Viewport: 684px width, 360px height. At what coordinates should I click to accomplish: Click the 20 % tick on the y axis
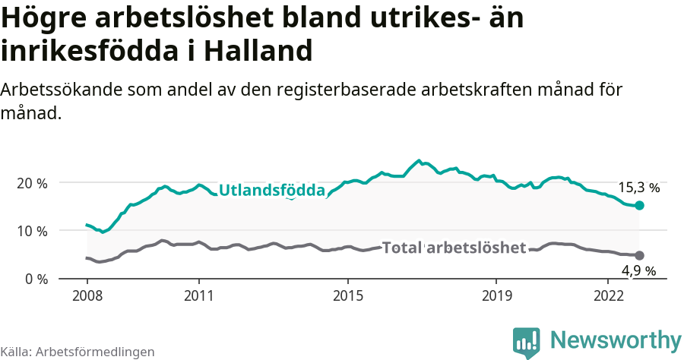(31, 183)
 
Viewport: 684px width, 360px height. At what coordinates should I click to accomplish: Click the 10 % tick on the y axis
(31, 230)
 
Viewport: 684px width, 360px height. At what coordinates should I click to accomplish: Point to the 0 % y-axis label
(35, 279)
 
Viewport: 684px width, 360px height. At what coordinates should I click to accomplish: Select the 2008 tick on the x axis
(87, 295)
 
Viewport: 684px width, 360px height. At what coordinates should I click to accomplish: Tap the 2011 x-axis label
(198, 295)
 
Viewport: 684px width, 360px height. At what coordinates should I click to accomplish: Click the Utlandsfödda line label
(271, 191)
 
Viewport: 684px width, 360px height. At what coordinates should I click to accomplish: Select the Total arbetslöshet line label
(454, 248)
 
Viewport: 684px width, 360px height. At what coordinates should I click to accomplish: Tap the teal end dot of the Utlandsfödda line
(640, 206)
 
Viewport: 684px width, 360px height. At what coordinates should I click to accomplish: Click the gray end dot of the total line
(640, 255)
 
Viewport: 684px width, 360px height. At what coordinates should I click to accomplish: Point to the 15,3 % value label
(639, 188)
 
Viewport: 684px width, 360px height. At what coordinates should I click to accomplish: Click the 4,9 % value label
(638, 270)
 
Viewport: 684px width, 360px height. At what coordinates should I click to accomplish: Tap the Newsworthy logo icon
(527, 343)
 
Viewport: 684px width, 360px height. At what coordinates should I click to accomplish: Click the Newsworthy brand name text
(616, 339)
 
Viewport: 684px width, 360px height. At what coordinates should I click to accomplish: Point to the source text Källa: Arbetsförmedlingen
(78, 352)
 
